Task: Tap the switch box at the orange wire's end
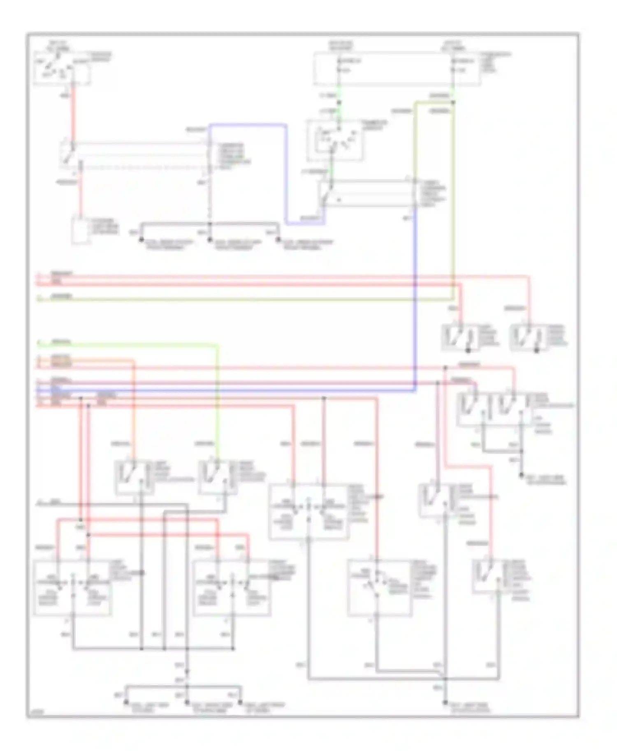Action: [x=135, y=477]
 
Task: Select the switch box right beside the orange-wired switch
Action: [x=218, y=477]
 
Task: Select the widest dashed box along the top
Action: [x=397, y=69]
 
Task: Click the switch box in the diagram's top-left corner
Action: [x=62, y=68]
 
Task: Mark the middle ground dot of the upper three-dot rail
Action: [x=210, y=240]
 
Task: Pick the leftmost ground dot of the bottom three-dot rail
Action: [x=126, y=703]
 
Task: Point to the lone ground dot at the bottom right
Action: [x=445, y=703]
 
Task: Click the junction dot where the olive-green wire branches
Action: [x=453, y=102]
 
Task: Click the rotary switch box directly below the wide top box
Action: [x=335, y=140]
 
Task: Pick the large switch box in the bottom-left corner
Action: [x=72, y=587]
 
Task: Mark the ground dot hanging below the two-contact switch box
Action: [x=521, y=475]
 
